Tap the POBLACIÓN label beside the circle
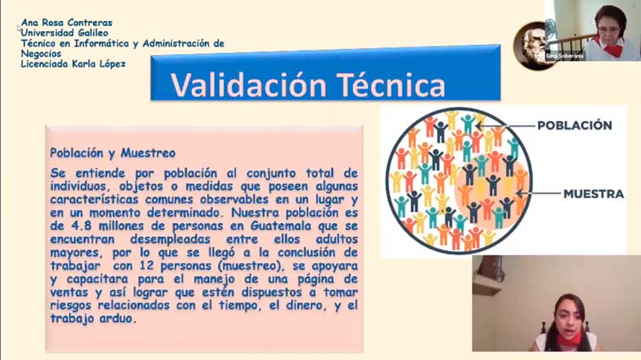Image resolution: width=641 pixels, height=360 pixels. point(574,125)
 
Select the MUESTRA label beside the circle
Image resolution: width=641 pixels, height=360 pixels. point(594,194)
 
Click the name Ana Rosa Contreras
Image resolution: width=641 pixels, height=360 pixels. point(67,23)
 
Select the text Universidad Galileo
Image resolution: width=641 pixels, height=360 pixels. point(64,33)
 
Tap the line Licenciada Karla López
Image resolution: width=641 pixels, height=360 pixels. point(74,63)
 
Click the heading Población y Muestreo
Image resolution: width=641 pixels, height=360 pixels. point(112,153)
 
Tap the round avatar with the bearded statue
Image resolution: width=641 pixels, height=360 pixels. point(530,46)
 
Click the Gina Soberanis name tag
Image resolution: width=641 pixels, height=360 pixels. point(565,56)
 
